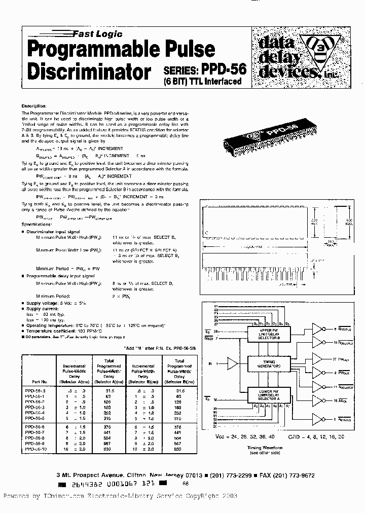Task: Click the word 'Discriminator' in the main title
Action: [89, 72]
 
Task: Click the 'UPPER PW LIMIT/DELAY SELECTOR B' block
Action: [269, 335]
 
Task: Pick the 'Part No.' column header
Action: [38, 381]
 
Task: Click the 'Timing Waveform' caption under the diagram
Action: [268, 448]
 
